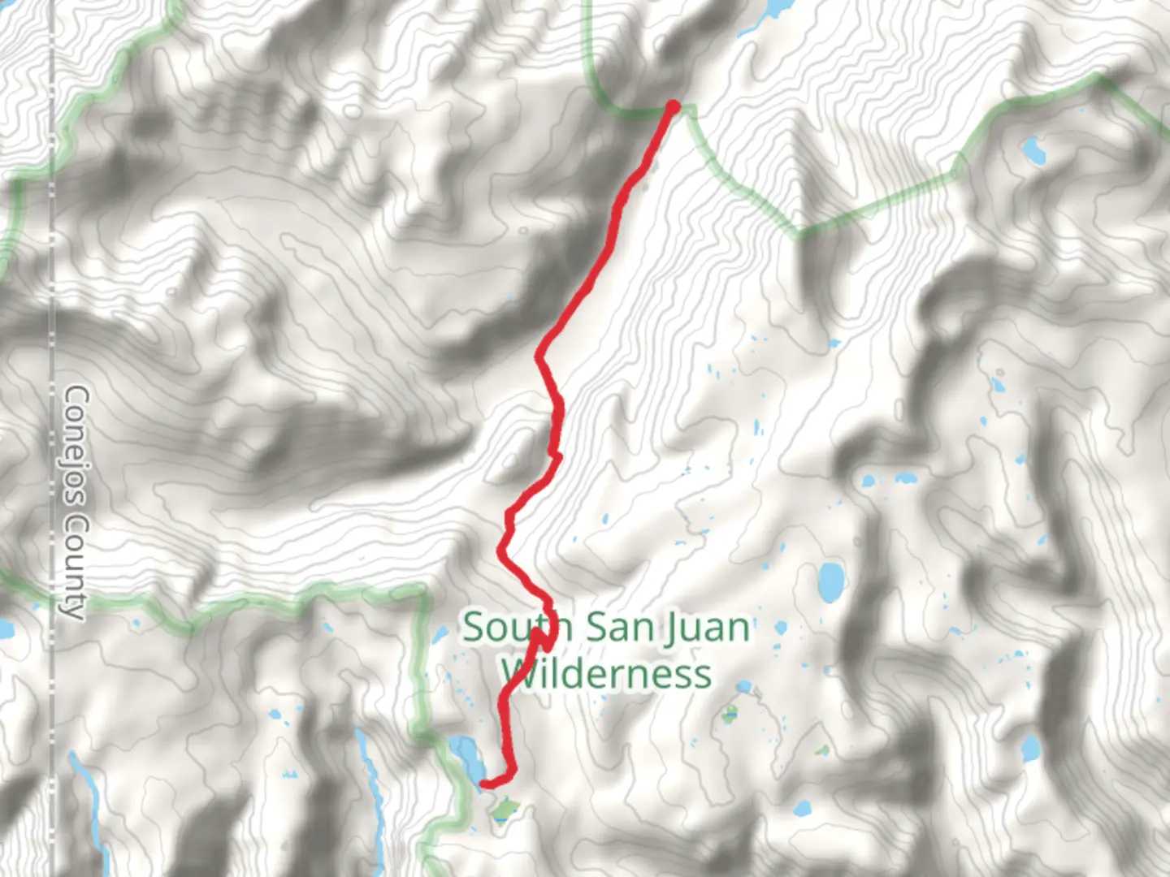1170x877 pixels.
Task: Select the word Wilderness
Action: [x=605, y=673]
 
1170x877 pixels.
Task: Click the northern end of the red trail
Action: [x=673, y=106]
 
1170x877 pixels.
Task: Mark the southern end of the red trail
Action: [x=485, y=784]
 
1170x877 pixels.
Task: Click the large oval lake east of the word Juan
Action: [x=830, y=580]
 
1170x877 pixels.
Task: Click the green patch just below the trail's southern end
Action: [x=506, y=809]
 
